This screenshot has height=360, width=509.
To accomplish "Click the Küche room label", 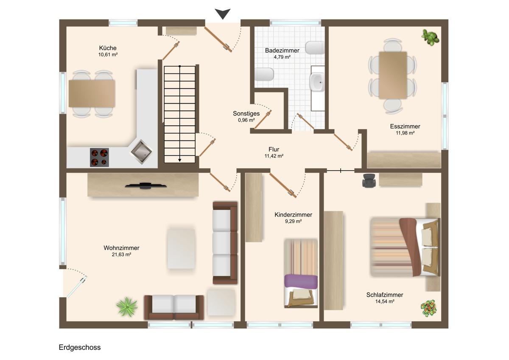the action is click(108, 48).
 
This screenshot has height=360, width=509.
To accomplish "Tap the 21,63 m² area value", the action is click(121, 254).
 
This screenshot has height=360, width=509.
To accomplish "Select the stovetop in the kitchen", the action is click(99, 157).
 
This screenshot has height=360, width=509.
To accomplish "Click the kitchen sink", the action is click(141, 152).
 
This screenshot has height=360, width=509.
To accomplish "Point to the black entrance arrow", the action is click(223, 14).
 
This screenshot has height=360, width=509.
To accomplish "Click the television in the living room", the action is click(145, 186).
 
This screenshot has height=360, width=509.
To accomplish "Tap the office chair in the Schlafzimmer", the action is click(369, 180).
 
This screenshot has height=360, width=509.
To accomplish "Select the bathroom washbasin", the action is click(317, 82).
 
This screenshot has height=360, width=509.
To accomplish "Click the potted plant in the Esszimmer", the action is click(430, 37).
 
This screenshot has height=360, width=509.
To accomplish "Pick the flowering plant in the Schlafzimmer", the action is click(428, 308).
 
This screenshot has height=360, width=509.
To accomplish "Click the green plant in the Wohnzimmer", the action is click(127, 307).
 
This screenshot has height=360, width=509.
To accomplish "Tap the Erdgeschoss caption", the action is click(80, 347).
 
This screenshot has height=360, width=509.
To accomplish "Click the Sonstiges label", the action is click(246, 113).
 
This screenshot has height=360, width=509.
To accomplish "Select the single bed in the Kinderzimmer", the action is click(301, 273).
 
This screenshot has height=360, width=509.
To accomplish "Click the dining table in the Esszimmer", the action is click(393, 75).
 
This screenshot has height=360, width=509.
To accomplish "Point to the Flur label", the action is click(274, 149).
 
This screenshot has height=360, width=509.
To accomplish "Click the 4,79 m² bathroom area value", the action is click(282, 57).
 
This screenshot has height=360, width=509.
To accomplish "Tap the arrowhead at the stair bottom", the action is click(179, 160).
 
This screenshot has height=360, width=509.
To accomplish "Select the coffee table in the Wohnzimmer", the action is click(181, 249).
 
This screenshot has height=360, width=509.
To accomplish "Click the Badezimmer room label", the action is click(282, 50).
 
